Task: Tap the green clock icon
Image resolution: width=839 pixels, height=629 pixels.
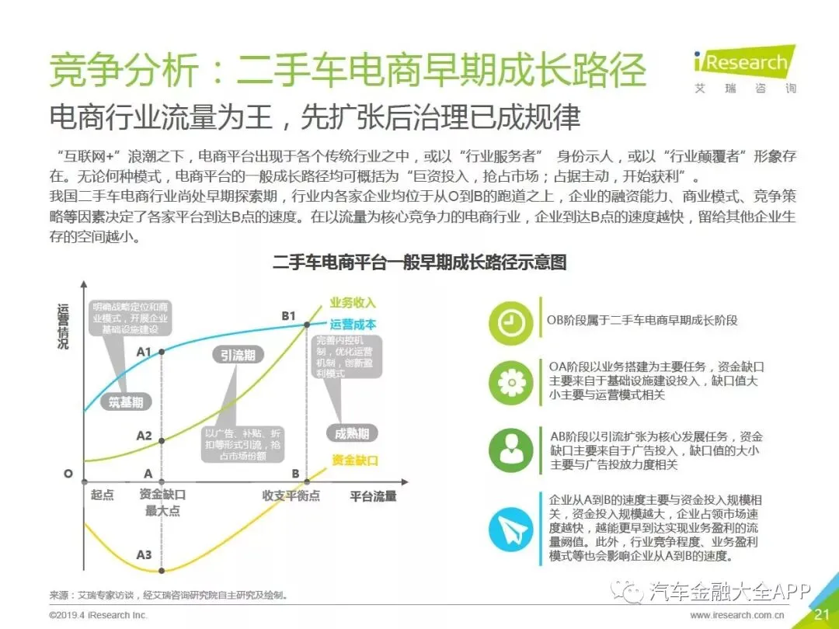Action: tap(511, 321)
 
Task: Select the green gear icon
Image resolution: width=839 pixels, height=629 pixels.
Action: tap(511, 382)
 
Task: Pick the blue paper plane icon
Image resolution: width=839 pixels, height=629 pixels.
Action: tap(511, 527)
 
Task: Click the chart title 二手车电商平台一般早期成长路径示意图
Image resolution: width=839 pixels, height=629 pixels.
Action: tap(419, 262)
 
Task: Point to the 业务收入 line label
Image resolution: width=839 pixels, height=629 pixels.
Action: tap(353, 303)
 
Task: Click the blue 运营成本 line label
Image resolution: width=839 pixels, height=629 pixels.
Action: tap(353, 325)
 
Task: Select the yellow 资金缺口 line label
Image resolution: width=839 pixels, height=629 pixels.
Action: tap(354, 460)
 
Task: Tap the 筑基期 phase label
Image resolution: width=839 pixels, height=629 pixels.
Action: tap(125, 402)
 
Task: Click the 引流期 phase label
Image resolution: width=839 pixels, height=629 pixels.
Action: tap(237, 355)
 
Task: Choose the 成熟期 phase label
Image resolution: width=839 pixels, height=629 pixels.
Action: tap(352, 433)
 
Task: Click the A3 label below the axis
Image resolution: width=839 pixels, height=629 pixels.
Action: tap(144, 554)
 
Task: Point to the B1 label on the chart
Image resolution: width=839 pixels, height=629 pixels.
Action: tap(289, 316)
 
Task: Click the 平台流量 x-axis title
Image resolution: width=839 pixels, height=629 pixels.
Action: tap(373, 495)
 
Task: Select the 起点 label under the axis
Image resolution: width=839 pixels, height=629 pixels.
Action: tap(102, 495)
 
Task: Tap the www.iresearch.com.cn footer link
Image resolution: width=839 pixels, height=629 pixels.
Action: tap(737, 616)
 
